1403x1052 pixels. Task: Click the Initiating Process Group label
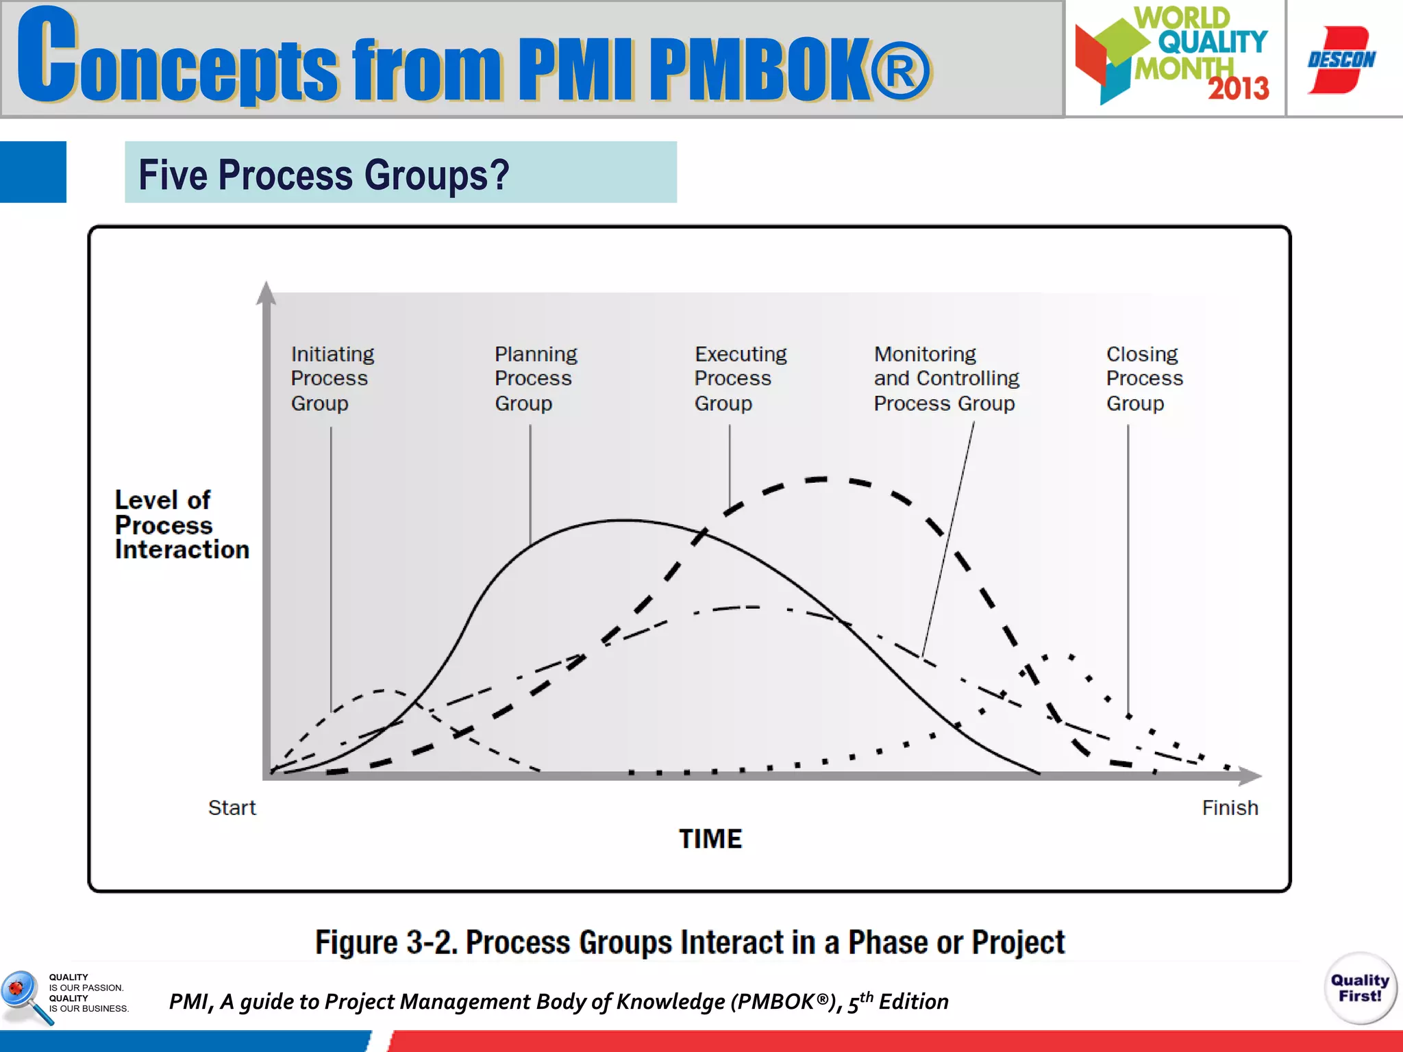pos(332,378)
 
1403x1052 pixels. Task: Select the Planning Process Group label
pos(536,378)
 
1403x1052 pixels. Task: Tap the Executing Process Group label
pos(740,378)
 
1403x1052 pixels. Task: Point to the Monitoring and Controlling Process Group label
pos(946,378)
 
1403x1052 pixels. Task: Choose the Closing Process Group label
pos(1144,378)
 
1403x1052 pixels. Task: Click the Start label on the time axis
pos(232,807)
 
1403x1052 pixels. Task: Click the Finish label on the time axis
pos(1230,807)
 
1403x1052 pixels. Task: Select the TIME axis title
pos(710,838)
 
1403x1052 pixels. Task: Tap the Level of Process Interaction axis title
pos(182,525)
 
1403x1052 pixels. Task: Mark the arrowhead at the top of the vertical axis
pos(266,292)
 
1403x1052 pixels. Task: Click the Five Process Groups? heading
pos(324,174)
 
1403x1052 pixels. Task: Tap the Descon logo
pos(1341,60)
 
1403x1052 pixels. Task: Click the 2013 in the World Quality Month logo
pos(1238,88)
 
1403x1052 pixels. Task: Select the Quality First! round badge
pos(1360,988)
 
